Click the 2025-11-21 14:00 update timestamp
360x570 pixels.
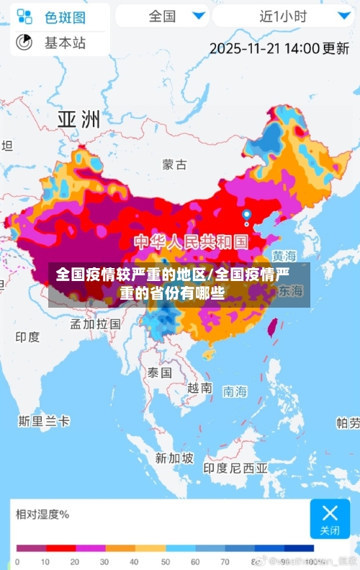tap(279, 48)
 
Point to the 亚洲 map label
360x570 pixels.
tap(78, 119)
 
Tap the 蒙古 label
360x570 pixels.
tap(175, 164)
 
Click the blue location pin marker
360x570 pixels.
tap(246, 215)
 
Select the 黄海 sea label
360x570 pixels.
tap(284, 257)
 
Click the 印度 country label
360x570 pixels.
tap(27, 337)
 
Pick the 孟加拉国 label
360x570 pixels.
tap(95, 324)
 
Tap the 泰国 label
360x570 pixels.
tap(159, 373)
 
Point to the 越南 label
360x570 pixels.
tap(199, 388)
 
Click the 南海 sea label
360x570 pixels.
tap(235, 391)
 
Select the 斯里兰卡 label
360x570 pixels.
tap(44, 421)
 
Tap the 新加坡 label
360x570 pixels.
tap(174, 458)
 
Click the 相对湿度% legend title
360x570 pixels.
tap(42, 514)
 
